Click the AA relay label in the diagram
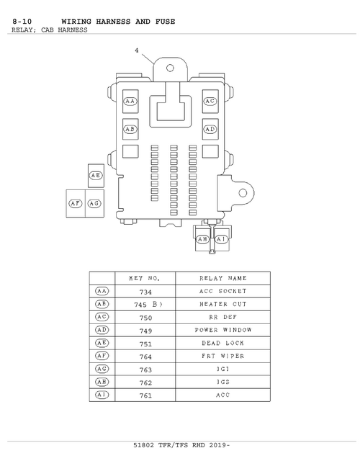coord(130,102)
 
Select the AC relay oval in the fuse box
coord(210,101)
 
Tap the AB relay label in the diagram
coord(130,129)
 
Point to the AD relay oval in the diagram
coord(210,129)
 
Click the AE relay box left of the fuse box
coord(96,176)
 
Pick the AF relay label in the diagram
coord(76,204)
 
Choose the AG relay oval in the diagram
coord(94,204)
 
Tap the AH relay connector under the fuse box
coord(202,240)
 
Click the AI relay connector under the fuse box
coord(221,240)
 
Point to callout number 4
coord(137,50)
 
